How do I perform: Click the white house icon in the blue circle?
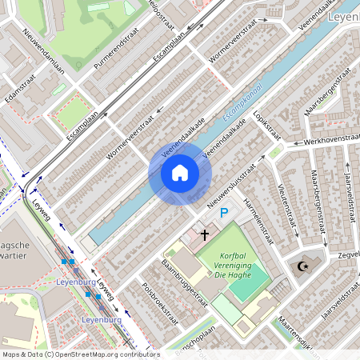180,173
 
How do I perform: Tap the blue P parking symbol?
225,214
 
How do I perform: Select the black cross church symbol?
205,234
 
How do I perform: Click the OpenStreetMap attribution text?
70,354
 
